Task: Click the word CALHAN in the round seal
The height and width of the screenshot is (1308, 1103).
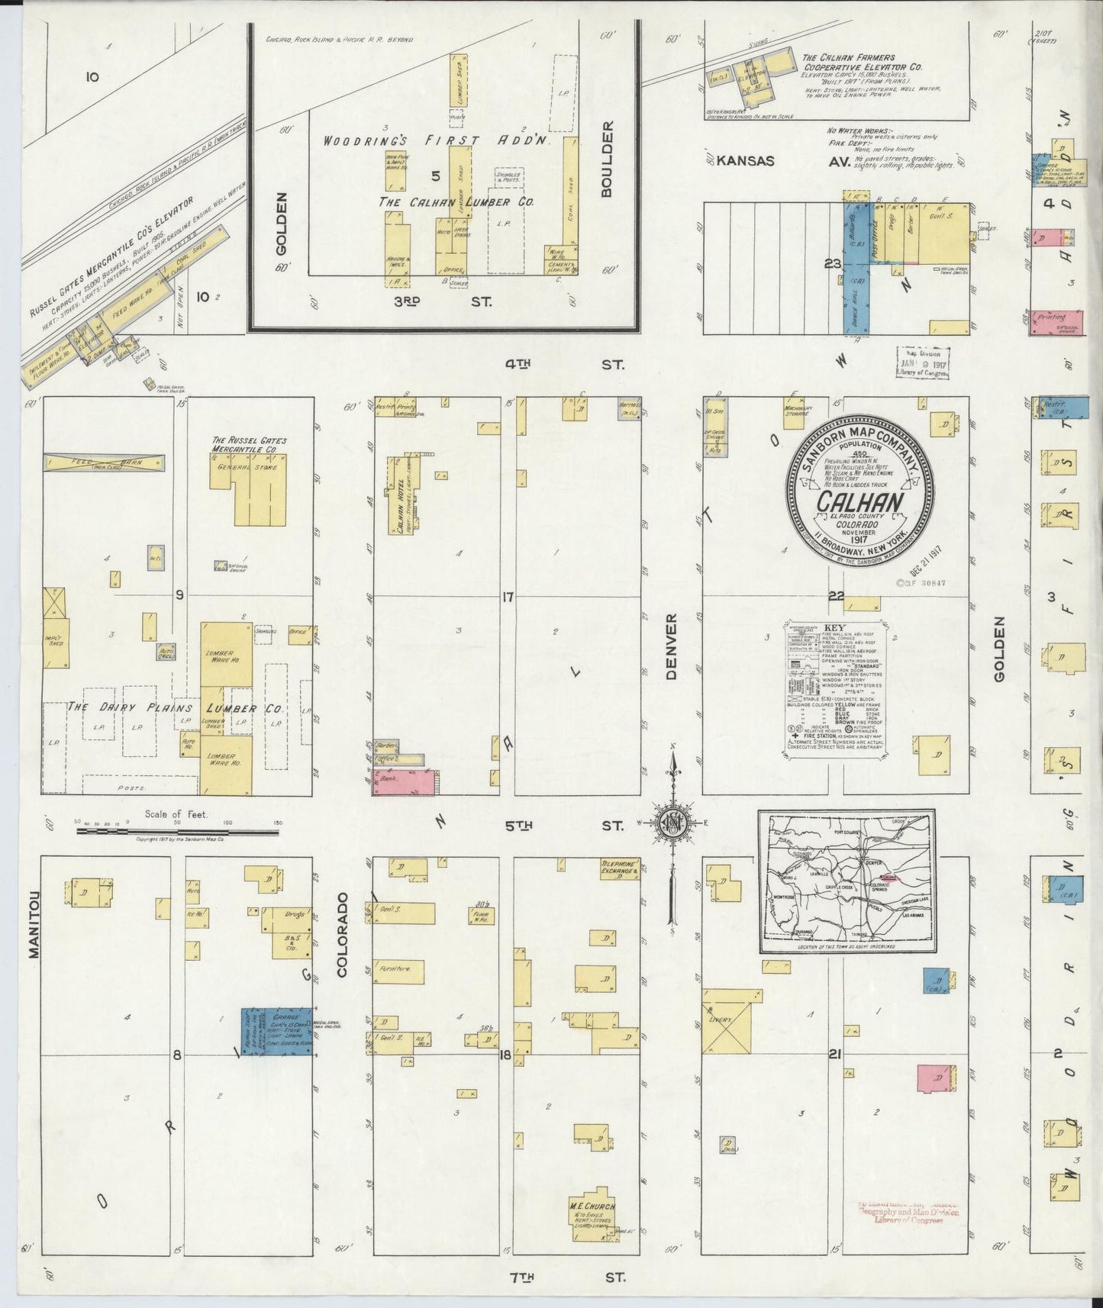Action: coord(861,501)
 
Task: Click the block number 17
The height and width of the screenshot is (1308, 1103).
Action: coord(508,596)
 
